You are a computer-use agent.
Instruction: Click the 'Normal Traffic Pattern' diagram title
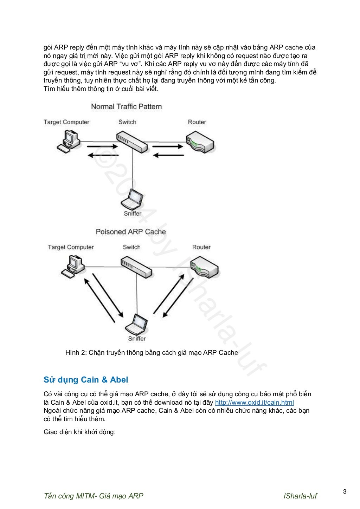tap(126, 106)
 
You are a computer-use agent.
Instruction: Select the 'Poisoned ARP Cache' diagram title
tap(130, 232)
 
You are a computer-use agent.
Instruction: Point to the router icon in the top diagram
tap(199, 142)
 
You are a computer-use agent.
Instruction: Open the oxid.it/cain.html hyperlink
tap(254, 403)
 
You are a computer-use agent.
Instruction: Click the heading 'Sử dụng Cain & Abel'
tap(86, 380)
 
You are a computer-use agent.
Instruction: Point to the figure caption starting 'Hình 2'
tap(152, 353)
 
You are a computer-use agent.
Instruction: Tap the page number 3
tap(345, 492)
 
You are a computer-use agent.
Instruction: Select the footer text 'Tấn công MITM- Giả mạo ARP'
tap(94, 496)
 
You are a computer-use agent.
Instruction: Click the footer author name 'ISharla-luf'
tap(300, 496)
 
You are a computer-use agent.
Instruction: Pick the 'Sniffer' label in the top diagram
tap(132, 214)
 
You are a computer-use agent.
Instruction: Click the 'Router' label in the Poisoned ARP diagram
tap(201, 247)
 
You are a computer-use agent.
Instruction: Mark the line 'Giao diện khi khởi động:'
tap(79, 432)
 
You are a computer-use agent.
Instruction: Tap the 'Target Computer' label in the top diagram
tap(66, 122)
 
